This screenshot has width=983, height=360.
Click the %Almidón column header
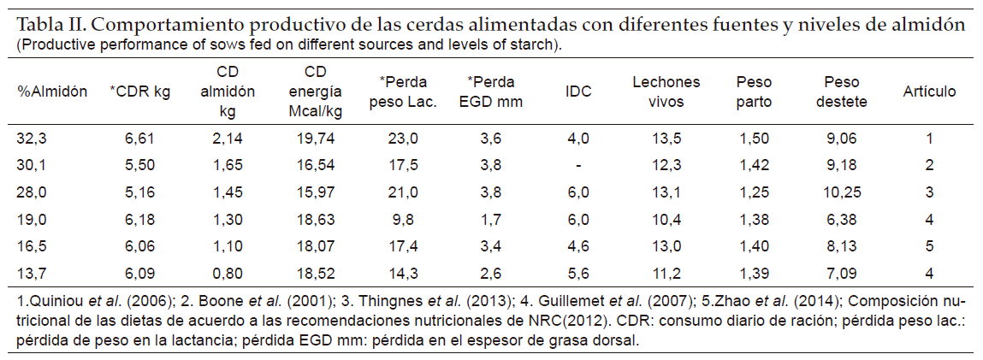tap(52, 91)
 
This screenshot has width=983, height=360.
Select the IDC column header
tap(578, 91)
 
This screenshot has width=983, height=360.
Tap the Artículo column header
tap(929, 91)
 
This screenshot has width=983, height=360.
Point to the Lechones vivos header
tap(666, 91)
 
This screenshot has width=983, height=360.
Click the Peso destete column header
tap(841, 91)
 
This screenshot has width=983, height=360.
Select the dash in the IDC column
tap(578, 165)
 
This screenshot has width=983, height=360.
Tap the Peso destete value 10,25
tap(841, 192)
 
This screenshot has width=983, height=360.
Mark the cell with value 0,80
tap(227, 273)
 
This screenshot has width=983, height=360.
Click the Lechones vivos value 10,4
tap(666, 219)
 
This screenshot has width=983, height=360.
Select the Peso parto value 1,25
tap(754, 192)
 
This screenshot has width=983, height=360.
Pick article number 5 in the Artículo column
tap(929, 246)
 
